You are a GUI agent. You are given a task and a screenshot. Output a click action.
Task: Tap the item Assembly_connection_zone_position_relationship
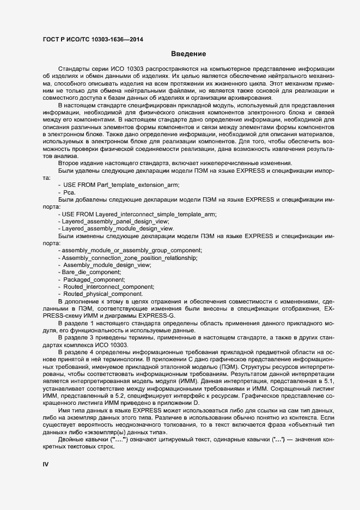point(129,257)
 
